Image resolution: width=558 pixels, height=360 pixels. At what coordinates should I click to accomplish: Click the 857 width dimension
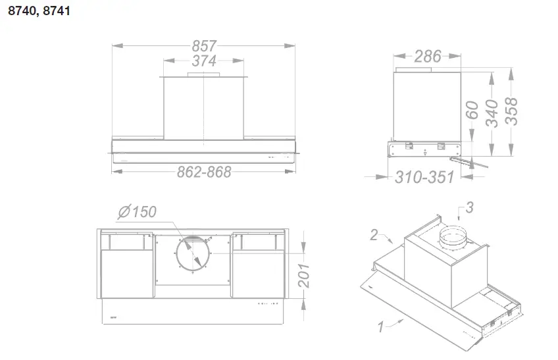(x=204, y=46)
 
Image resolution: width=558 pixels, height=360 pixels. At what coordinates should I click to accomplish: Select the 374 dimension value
(x=204, y=61)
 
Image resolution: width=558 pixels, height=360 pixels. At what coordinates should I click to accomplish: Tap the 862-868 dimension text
(x=204, y=172)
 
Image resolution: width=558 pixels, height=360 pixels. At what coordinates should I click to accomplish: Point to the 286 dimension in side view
(x=428, y=57)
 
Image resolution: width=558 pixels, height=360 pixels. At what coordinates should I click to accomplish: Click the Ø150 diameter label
(x=136, y=213)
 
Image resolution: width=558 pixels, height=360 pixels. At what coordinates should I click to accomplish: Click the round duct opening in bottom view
(x=193, y=254)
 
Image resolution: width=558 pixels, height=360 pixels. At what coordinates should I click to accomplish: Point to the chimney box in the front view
(x=204, y=109)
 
